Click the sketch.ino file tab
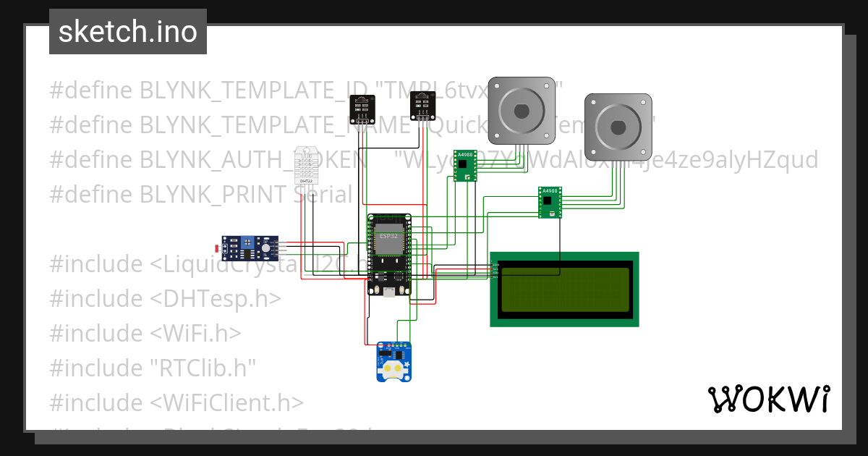point(127,32)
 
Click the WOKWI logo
point(768,399)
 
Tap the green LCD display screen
point(564,289)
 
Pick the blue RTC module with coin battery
point(393,361)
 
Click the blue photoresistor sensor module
point(250,248)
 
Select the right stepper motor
point(618,127)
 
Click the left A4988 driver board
point(465,166)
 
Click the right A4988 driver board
point(550,201)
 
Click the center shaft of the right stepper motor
point(618,127)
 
